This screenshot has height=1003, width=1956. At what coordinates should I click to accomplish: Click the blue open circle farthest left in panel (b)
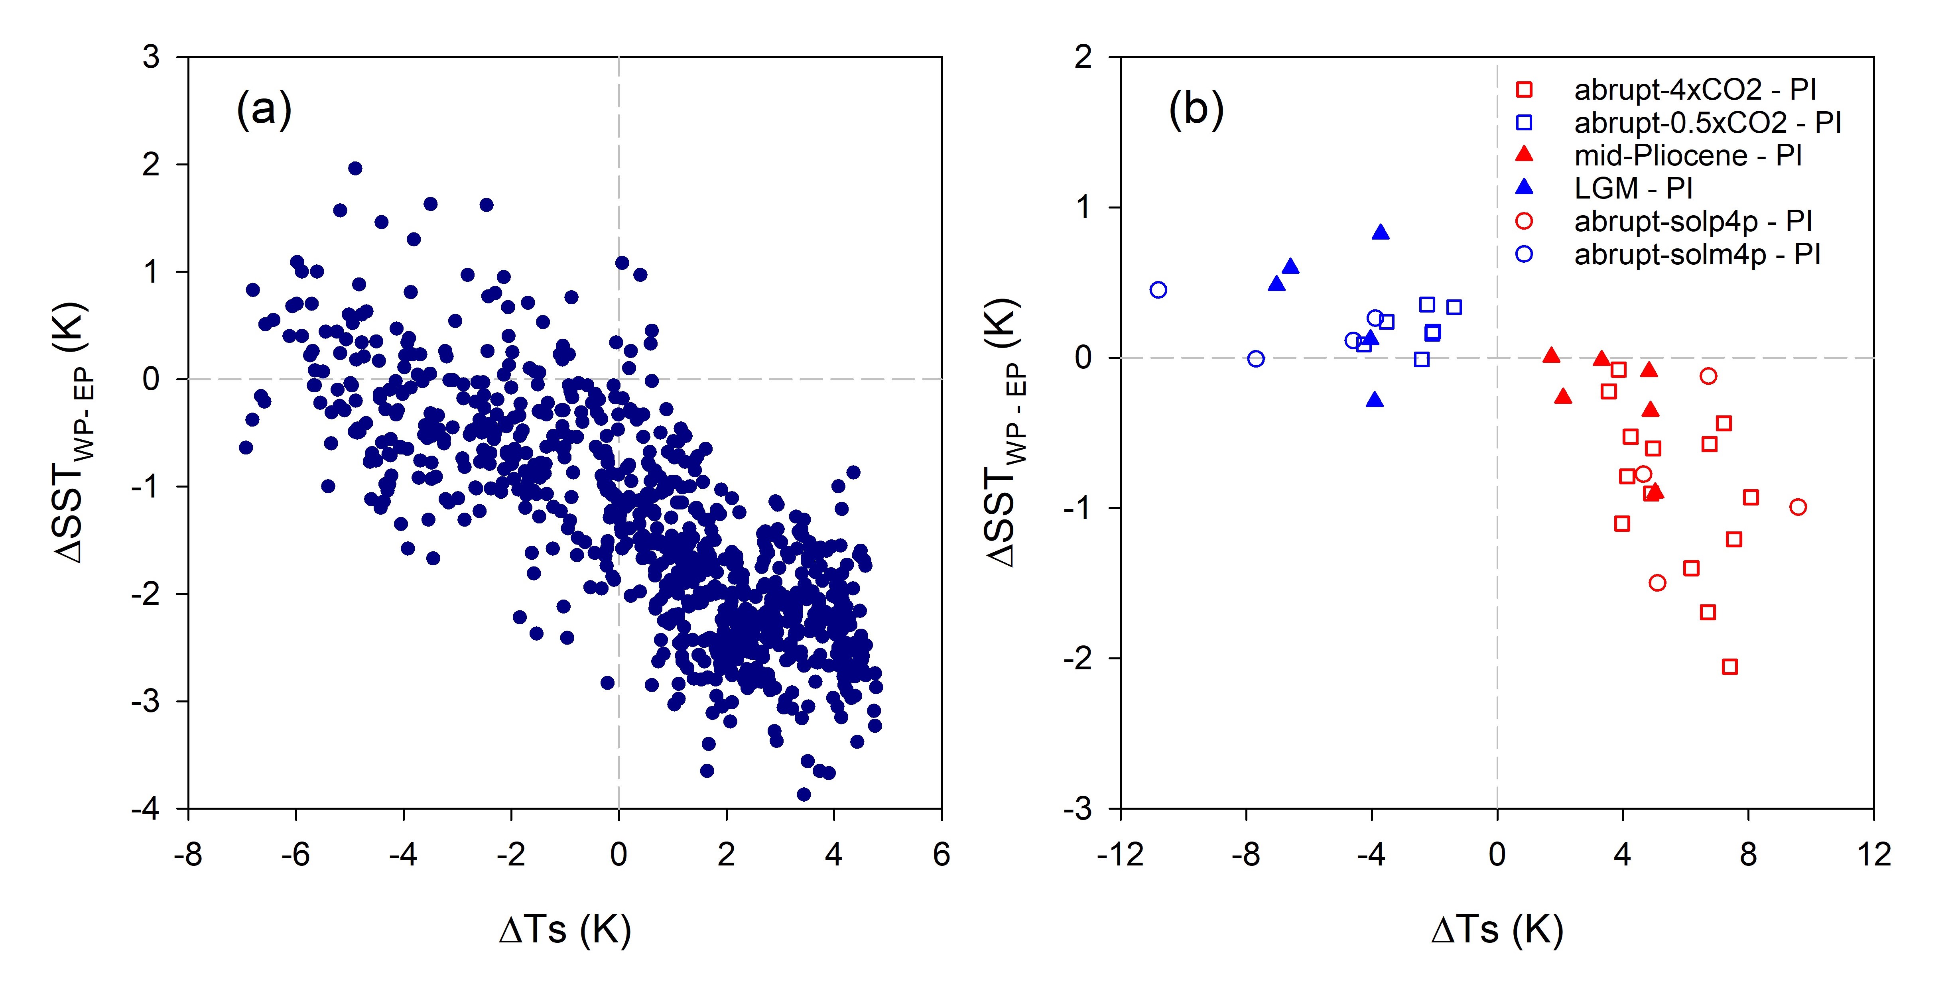1158,289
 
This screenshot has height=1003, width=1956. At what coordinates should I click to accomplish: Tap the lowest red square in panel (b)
1730,667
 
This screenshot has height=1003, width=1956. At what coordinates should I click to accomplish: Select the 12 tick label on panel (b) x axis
1873,855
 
